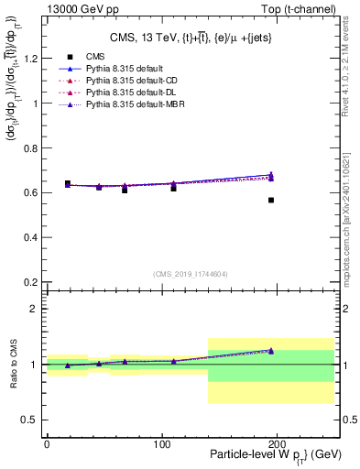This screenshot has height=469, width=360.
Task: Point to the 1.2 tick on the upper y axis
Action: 29,59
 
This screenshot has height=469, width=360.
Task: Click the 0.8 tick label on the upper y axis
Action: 29,147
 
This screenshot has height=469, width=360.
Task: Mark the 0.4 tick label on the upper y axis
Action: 29,236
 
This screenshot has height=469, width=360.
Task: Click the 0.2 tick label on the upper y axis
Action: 29,281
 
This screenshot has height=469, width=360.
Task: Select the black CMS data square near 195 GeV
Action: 271,200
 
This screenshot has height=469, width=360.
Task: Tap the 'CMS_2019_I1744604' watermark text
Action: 191,274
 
